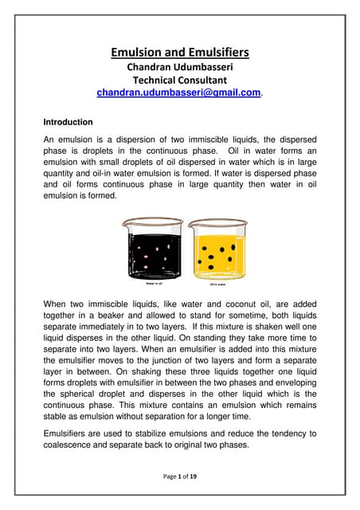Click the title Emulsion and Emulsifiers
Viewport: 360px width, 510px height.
pos(180,53)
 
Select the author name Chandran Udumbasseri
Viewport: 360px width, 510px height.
pos(180,67)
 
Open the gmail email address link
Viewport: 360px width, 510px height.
pos(178,93)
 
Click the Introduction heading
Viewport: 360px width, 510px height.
pos(68,123)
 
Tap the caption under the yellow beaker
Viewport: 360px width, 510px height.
pos(217,283)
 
